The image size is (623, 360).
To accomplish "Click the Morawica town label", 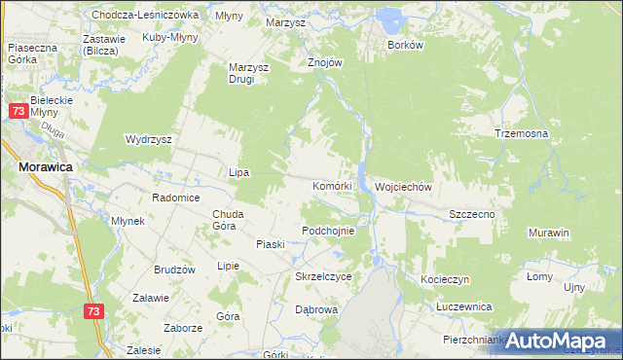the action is [x=47, y=167].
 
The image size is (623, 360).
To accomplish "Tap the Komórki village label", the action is [x=338, y=185].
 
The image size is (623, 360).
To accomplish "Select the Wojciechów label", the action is [x=403, y=186].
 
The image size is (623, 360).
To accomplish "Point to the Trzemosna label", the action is [x=521, y=133].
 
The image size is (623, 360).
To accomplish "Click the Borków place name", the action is [x=405, y=45].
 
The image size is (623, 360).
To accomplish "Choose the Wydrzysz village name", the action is [x=148, y=139].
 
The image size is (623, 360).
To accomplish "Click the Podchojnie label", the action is [x=335, y=231].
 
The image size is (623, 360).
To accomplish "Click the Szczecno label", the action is [x=473, y=213].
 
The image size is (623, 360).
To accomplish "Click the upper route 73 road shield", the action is [x=18, y=112].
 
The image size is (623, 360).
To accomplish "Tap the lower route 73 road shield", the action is [x=92, y=311].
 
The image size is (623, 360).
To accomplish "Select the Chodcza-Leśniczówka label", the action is [x=145, y=16].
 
